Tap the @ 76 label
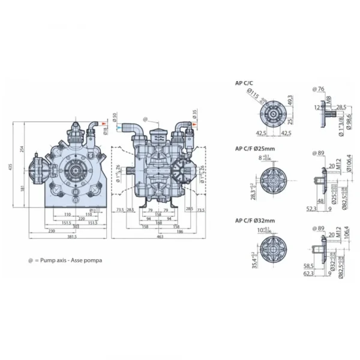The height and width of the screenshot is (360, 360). pyautogui.click(x=319, y=89)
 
